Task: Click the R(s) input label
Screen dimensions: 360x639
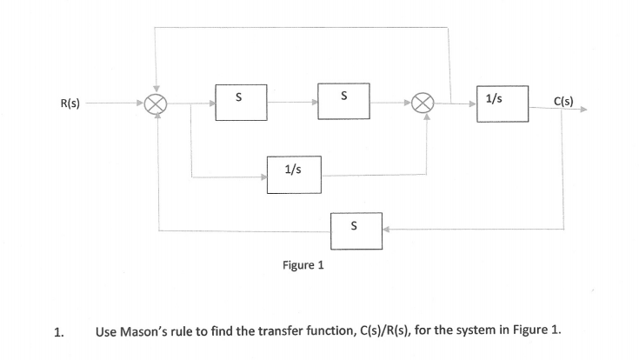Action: (70, 103)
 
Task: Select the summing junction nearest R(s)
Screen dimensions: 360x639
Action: (156, 103)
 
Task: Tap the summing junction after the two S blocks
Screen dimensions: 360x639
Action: (426, 103)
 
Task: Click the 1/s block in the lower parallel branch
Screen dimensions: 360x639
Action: (294, 174)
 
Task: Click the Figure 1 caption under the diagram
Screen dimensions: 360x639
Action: (303, 265)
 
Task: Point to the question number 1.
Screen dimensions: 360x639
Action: (57, 331)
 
